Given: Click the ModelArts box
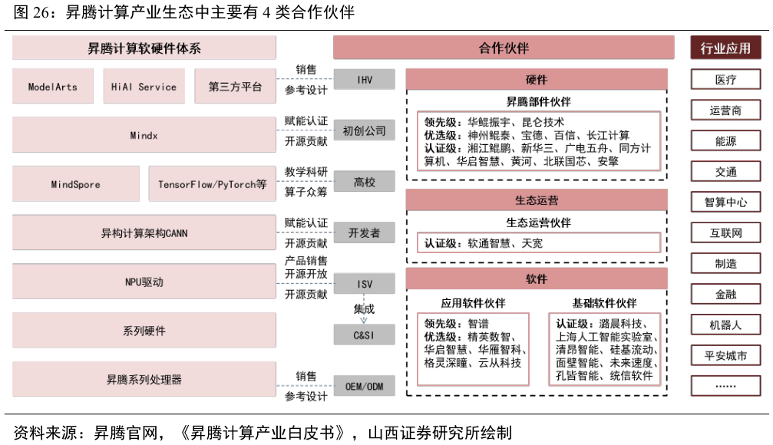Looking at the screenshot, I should (53, 87).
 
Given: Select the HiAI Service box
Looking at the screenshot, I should (144, 87).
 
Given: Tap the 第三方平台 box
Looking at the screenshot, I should (235, 87).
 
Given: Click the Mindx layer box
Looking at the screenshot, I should (144, 135).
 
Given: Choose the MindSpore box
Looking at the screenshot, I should (76, 184).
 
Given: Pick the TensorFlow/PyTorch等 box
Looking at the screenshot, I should (212, 184).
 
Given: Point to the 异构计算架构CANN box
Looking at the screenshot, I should (144, 232).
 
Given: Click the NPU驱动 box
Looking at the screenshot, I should (144, 282).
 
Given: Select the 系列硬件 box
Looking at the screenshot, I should (144, 331).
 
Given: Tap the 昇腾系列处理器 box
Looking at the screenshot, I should (144, 379).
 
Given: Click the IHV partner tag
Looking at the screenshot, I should (365, 79).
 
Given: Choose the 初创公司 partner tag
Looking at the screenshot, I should (365, 130).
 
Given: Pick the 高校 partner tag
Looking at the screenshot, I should (365, 182).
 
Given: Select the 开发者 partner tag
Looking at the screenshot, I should (365, 232).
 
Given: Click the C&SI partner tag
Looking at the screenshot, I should (365, 335).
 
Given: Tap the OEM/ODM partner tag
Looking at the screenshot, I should (365, 386).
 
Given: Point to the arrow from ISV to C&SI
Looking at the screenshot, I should (364, 309).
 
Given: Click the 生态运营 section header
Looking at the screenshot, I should (537, 200).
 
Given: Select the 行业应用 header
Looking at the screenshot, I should (725, 48).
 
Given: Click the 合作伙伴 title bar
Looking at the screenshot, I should (504, 48).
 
